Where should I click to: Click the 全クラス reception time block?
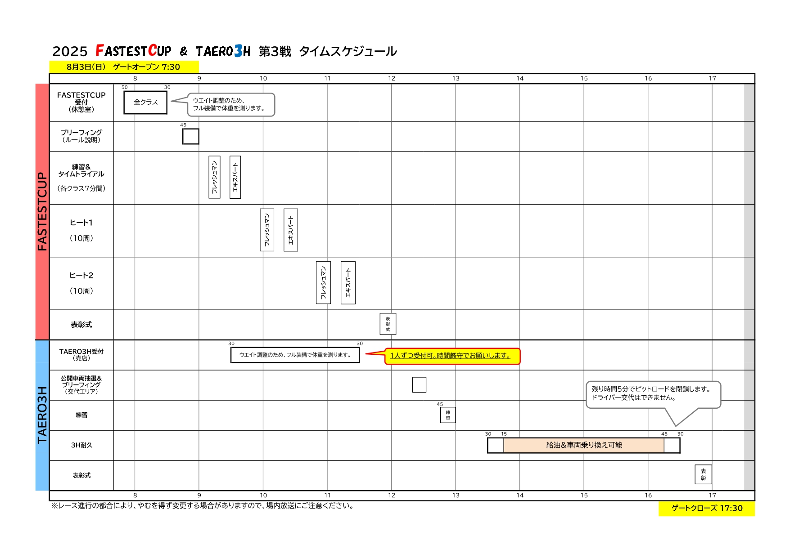click(145, 103)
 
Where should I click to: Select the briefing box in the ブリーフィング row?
click(191, 136)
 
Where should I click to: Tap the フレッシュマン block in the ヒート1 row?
click(267, 230)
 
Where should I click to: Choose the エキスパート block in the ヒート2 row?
click(348, 283)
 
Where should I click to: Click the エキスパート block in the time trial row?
click(235, 177)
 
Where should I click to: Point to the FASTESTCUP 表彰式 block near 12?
click(388, 324)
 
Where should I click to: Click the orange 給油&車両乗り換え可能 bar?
click(584, 445)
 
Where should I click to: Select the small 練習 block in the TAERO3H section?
click(448, 415)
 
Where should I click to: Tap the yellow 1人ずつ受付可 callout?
click(452, 356)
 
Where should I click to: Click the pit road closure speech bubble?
click(653, 394)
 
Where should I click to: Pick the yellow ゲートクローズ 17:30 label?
click(707, 508)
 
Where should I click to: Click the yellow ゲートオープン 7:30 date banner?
click(124, 67)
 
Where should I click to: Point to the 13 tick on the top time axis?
click(456, 78)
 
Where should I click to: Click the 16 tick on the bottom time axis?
click(648, 495)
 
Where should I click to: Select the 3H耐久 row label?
click(81, 445)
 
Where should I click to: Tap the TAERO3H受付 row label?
click(81, 355)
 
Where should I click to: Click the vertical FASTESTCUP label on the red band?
click(42, 211)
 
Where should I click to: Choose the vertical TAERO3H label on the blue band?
click(42, 415)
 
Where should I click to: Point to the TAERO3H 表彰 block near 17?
click(704, 474)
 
